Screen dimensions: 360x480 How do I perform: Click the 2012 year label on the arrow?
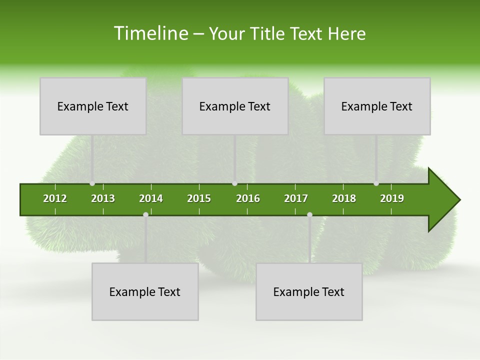(55, 198)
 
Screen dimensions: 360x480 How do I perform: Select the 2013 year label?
(103, 198)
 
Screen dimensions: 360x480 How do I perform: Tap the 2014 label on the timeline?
(151, 198)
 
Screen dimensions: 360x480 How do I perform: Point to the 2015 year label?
(199, 198)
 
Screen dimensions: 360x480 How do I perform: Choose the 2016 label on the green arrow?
(248, 198)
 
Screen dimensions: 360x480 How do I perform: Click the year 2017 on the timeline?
(296, 198)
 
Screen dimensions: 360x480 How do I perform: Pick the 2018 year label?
(344, 198)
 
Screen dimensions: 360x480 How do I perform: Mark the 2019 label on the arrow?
(392, 198)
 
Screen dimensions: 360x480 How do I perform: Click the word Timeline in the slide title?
(150, 33)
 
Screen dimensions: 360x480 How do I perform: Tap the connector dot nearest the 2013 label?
(92, 183)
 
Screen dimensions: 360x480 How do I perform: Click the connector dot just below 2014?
(145, 215)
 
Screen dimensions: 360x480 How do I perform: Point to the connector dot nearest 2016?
(234, 183)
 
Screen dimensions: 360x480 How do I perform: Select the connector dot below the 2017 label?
(309, 215)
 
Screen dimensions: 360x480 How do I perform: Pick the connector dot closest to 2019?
(376, 183)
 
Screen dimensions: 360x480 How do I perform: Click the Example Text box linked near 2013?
(93, 106)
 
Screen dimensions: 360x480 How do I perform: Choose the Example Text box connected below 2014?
(145, 291)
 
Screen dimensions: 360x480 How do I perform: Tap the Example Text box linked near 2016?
(235, 106)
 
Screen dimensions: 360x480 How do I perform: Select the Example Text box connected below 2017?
(309, 291)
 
